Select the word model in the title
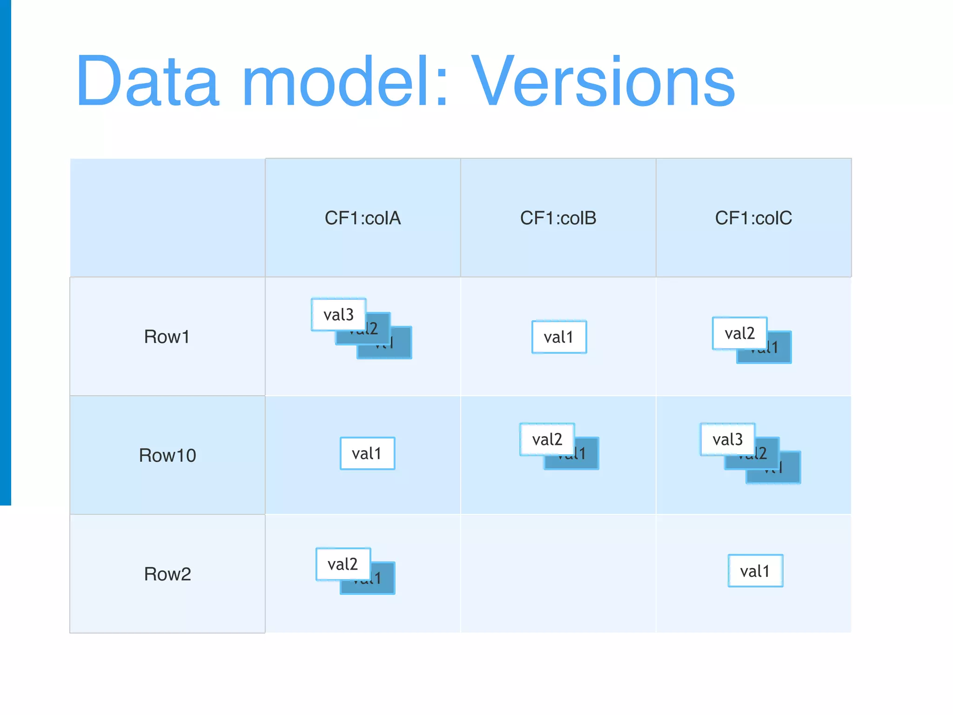345,82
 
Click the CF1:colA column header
362,218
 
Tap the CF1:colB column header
558,218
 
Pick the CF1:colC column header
753,218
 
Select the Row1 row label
167,337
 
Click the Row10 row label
167,455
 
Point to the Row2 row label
167,574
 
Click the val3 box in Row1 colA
338,315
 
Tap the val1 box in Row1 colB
559,337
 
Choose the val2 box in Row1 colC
739,333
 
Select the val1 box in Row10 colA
367,453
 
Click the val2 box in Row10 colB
547,439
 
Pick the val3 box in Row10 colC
727,439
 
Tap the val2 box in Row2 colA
343,564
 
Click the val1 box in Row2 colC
755,571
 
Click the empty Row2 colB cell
558,574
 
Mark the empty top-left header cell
168,218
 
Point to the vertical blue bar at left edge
5,251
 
